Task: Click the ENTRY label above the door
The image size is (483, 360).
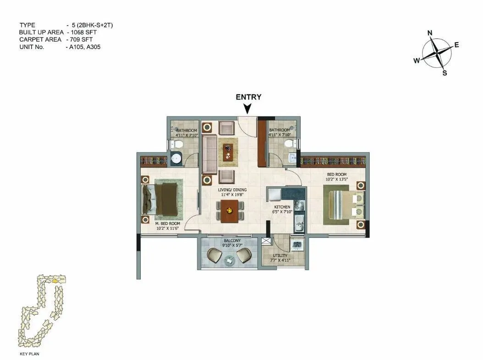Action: tap(248, 97)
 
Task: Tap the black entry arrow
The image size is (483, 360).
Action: tap(247, 109)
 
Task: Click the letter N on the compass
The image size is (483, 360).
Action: tap(430, 33)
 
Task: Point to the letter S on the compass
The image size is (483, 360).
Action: tap(444, 72)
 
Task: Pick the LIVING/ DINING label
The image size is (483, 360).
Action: tap(232, 190)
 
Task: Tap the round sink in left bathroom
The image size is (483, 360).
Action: tap(176, 159)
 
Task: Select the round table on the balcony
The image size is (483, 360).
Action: tap(229, 260)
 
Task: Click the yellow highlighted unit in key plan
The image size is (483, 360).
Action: tap(55, 280)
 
